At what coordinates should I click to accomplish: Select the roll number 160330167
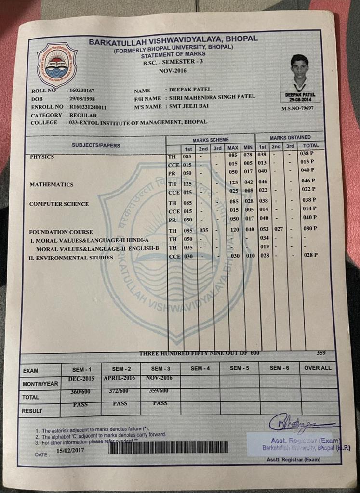[82, 91]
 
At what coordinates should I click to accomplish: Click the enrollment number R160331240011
[88, 107]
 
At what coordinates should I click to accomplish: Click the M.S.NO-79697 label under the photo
[297, 108]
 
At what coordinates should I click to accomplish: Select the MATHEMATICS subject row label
[52, 184]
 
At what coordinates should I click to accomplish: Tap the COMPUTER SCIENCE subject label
[59, 204]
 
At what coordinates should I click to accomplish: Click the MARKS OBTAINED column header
[290, 137]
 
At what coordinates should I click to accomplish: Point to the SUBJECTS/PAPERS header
[96, 145]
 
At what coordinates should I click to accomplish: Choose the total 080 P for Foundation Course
[309, 229]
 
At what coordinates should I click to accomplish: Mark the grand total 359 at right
[320, 353]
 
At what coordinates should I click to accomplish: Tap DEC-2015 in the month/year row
[81, 378]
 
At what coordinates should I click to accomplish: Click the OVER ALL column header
[318, 368]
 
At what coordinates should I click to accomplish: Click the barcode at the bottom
[169, 447]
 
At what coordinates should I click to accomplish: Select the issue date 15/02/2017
[71, 451]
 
